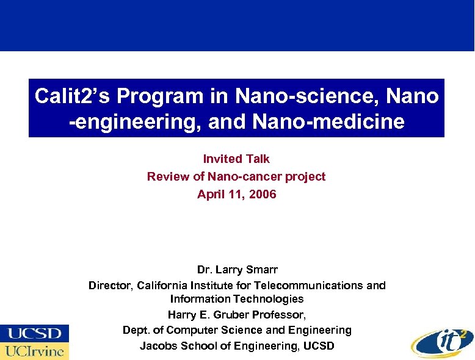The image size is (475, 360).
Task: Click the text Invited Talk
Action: [236, 159]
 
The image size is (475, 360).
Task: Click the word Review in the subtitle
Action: [166, 176]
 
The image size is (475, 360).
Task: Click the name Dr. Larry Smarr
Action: [237, 269]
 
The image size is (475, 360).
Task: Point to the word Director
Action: [111, 285]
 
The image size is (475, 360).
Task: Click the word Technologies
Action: [271, 298]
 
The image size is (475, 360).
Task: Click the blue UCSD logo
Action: [34, 334]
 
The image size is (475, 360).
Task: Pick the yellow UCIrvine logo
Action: [34, 351]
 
